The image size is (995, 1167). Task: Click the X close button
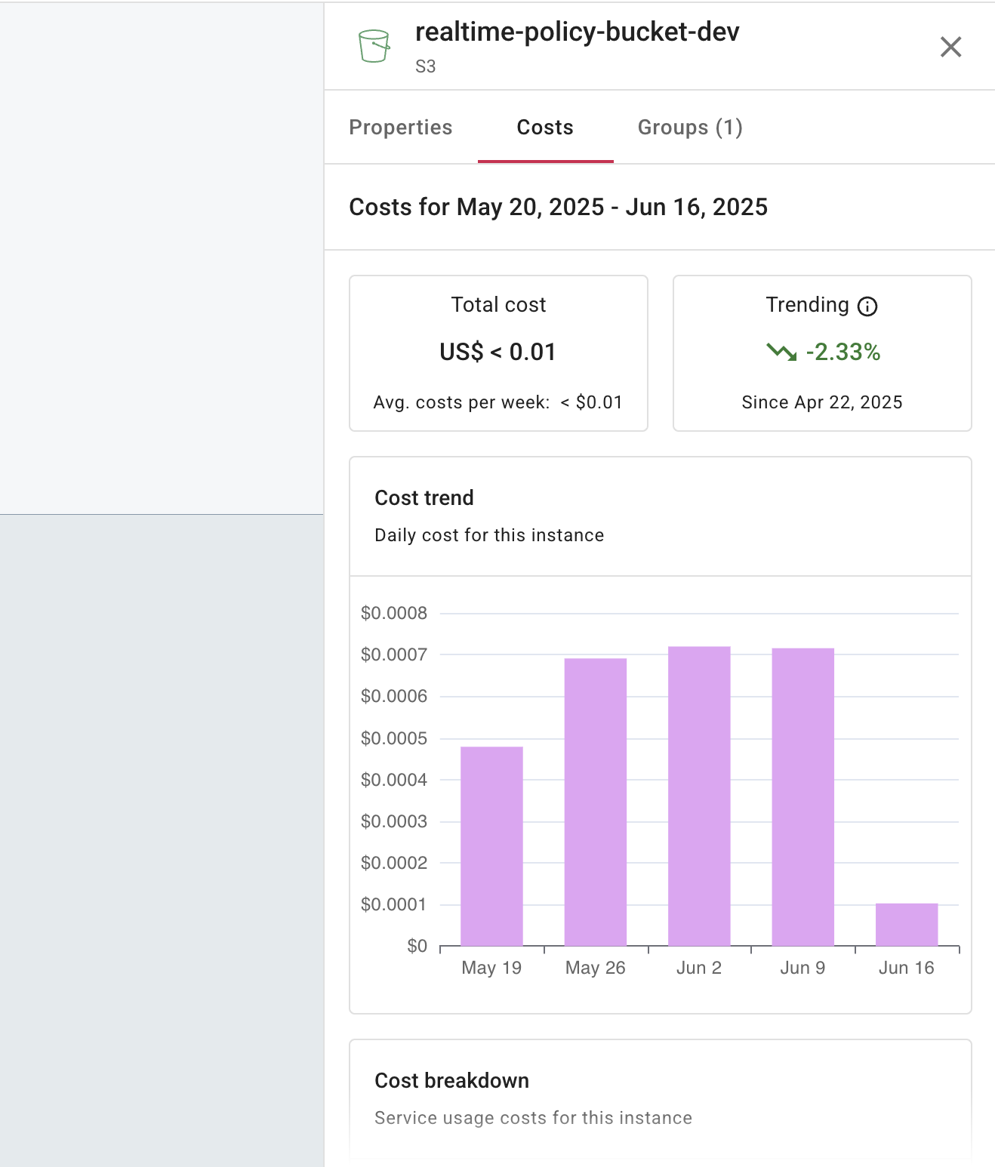coord(950,47)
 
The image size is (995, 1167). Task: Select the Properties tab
coord(400,128)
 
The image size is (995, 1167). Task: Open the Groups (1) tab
coord(690,128)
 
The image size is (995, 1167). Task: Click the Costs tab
coord(545,128)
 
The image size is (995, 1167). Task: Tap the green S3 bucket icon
coord(374,46)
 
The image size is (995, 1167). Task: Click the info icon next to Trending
coord(867,306)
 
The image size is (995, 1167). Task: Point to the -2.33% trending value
coord(843,352)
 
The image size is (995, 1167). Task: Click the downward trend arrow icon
coord(781,352)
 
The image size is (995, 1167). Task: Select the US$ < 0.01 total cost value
coord(498,352)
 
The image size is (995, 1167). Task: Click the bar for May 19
coord(491,845)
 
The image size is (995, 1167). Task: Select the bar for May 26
coord(595,802)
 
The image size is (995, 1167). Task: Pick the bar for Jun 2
coord(699,796)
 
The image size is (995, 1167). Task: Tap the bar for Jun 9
coord(802,796)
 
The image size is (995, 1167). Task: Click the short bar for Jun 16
coord(906,925)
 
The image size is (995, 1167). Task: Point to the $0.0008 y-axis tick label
coord(394,613)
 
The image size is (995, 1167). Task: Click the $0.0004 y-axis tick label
coord(394,780)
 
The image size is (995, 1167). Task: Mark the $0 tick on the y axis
coord(417,946)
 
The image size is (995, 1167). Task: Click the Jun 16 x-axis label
coord(906,968)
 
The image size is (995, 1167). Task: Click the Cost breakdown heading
coord(451,1081)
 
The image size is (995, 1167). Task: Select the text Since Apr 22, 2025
coord(821,402)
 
